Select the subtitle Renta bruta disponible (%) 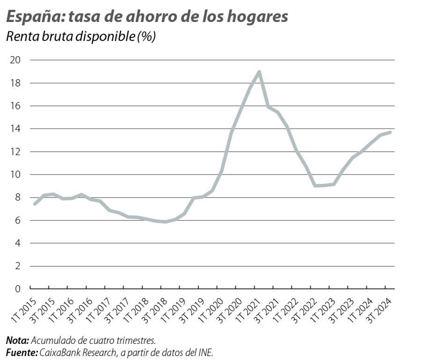coord(80,37)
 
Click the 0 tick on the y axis coord(18,289)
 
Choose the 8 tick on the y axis coord(18,197)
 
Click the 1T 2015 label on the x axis coord(22,309)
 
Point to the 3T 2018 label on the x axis coord(153,309)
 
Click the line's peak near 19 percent coord(259,72)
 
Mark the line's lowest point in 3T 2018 coord(165,222)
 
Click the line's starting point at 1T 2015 coord(35,204)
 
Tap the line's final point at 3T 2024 coord(390,132)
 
